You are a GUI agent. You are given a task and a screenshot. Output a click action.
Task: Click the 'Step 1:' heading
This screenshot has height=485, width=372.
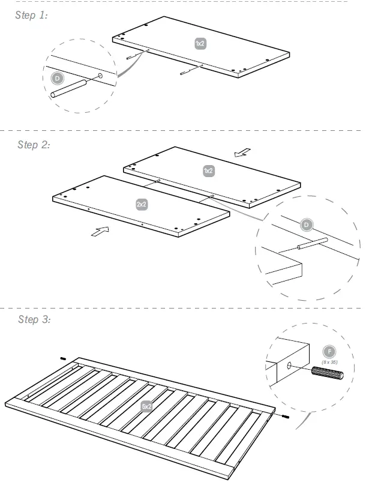[x=31, y=16]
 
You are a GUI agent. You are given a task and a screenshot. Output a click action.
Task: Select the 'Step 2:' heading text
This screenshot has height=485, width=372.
[x=34, y=145]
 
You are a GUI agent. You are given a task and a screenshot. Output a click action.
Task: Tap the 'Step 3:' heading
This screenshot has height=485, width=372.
[x=34, y=319]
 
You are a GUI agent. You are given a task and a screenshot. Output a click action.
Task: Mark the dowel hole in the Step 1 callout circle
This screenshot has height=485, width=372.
[x=100, y=77]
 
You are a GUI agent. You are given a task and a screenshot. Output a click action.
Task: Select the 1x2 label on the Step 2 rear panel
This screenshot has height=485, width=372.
[x=208, y=171]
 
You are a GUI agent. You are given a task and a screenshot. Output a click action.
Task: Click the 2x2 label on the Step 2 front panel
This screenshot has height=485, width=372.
[x=142, y=205]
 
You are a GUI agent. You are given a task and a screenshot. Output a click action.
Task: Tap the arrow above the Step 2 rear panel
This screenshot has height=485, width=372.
[x=243, y=152]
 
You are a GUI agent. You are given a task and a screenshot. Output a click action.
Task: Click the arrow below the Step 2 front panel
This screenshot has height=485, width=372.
[x=100, y=232]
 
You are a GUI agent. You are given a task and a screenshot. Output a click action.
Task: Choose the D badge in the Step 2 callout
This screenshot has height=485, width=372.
[x=306, y=225]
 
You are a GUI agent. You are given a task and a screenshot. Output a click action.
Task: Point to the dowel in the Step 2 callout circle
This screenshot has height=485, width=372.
[x=311, y=244]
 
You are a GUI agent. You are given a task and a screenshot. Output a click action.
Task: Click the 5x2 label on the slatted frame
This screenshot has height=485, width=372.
[x=147, y=406]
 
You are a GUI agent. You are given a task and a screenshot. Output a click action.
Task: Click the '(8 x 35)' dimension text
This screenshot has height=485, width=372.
[x=329, y=363]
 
